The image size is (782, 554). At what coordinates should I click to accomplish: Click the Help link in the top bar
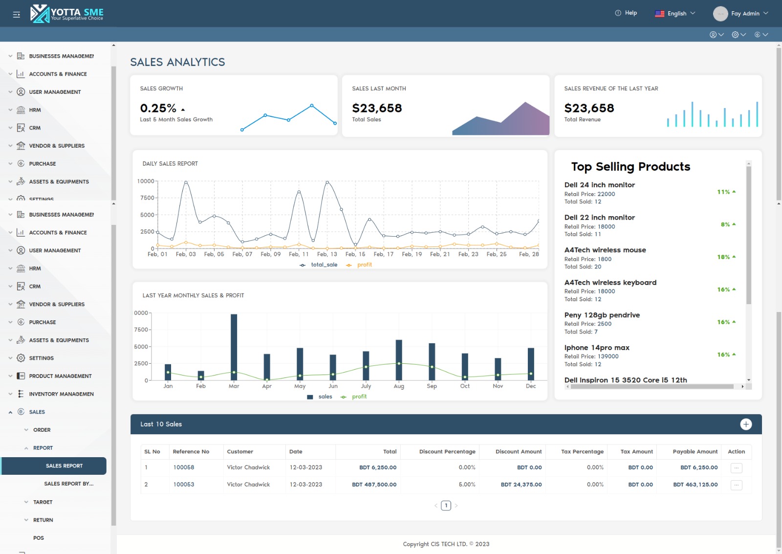[626, 13]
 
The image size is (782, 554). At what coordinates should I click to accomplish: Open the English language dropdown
[675, 14]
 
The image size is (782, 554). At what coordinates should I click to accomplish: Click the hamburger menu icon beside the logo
[17, 15]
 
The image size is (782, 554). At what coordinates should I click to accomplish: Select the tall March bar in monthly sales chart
[234, 347]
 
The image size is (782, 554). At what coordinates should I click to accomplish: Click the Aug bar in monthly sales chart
[399, 359]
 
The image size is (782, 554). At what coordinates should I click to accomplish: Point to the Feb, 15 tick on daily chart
[355, 254]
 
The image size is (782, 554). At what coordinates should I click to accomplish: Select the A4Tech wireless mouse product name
[605, 250]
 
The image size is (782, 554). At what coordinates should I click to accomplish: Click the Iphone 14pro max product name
[597, 348]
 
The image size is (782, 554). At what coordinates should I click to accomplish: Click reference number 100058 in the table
[184, 467]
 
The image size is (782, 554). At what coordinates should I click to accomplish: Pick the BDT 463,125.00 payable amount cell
[695, 485]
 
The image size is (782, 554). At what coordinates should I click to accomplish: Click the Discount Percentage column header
[447, 452]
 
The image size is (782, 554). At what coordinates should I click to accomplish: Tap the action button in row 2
[736, 485]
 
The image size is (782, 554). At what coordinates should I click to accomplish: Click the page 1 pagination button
[446, 506]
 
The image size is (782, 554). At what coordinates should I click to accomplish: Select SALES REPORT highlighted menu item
[64, 466]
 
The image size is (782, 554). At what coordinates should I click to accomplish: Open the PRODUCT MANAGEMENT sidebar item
[60, 376]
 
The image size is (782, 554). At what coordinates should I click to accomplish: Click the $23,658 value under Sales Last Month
[377, 108]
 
